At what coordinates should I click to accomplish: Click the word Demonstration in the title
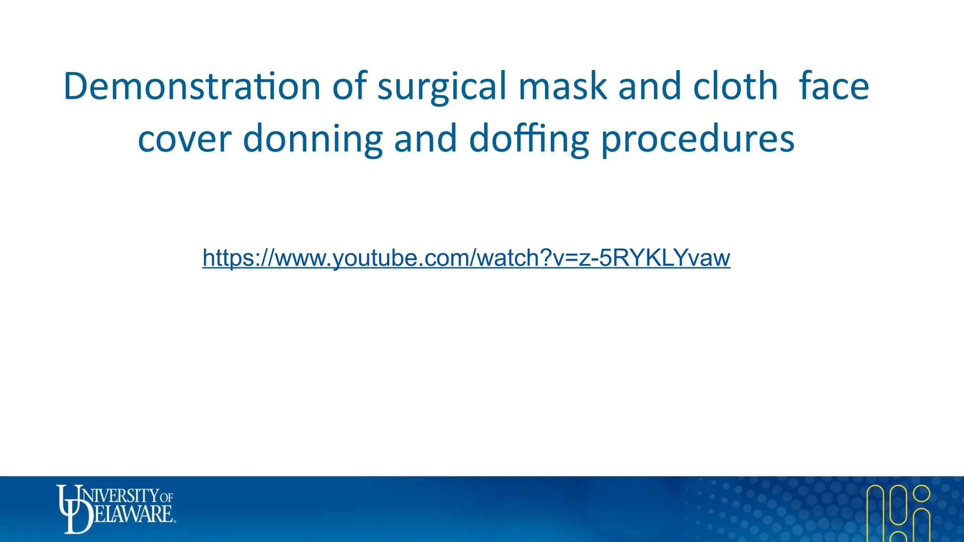click(192, 87)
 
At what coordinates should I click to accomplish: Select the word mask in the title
click(562, 87)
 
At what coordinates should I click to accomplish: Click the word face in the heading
click(834, 87)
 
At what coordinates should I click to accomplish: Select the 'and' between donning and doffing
click(426, 139)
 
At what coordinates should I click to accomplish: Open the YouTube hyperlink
click(466, 258)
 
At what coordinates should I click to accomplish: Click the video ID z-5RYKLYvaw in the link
click(654, 258)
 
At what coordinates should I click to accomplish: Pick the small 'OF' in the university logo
click(167, 497)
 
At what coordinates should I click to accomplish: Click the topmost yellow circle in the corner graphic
click(921, 494)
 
